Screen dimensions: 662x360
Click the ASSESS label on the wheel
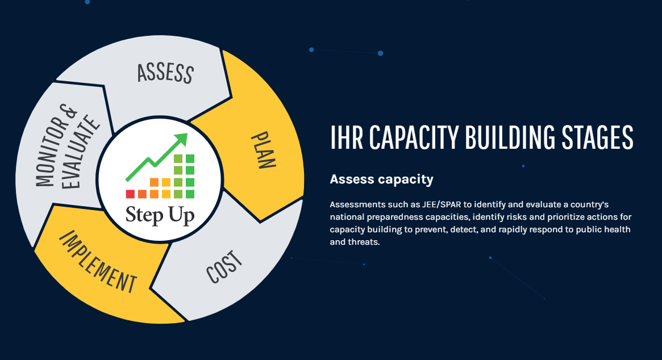[165, 73]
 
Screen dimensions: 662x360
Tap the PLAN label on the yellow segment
[264, 150]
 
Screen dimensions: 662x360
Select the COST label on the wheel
[224, 267]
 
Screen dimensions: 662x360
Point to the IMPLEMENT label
[98, 262]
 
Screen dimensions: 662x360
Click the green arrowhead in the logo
[181, 139]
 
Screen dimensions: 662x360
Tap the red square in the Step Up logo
[130, 194]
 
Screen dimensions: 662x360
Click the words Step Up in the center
[160, 215]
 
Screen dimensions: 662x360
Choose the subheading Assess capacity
[382, 179]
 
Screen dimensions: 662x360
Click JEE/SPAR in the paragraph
[441, 204]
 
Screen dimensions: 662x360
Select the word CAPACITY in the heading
[414, 137]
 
